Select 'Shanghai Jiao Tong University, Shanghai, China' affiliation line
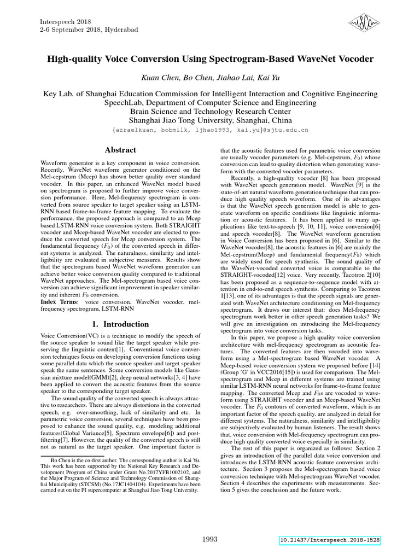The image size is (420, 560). [x=210, y=120]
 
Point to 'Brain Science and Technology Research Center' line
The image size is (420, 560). [x=210, y=111]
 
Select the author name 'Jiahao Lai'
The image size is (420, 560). [x=226, y=78]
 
